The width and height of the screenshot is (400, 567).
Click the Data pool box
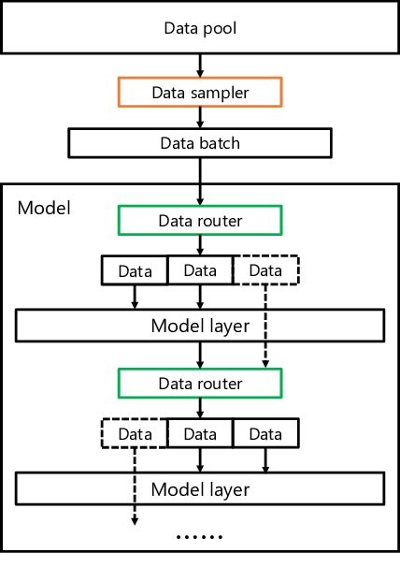coord(200,28)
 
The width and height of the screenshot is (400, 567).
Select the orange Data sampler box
coord(199,93)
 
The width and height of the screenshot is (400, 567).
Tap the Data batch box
coord(199,143)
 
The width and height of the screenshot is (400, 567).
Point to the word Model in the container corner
coord(42,205)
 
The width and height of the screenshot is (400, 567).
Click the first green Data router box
coord(199,221)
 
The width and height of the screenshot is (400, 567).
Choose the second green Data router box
coord(199,384)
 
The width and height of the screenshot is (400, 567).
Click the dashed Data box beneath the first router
coord(264,270)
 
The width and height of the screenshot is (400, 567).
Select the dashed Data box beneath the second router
coord(135,433)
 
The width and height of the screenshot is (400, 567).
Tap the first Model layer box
coord(199,326)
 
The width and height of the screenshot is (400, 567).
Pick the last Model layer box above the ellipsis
coord(199,488)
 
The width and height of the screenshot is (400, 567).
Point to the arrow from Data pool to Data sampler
coord(199,65)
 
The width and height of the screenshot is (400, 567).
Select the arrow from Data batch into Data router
coord(199,182)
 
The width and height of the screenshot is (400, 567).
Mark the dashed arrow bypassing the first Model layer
coord(265,326)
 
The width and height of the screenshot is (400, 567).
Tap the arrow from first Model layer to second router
coord(199,355)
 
